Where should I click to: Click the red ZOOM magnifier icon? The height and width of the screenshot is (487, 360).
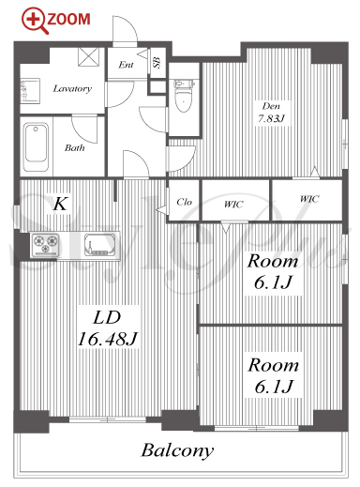35,20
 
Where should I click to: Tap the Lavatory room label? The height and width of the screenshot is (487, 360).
72,88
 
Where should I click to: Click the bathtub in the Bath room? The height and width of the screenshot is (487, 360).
37,146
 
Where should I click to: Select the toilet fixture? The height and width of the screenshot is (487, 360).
184,96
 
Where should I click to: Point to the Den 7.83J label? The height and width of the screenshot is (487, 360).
271,113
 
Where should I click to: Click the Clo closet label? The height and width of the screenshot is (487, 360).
184,202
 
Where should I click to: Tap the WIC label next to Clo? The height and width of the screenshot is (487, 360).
233,204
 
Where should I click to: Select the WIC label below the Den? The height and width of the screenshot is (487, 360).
309,199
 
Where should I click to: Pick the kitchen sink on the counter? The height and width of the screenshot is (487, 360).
99,245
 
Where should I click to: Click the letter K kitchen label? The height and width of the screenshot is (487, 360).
60,204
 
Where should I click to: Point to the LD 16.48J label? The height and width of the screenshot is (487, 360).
108,328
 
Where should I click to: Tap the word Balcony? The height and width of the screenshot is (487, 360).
177,451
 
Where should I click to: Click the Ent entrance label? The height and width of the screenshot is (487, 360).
126,65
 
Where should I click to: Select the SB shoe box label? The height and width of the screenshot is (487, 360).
157,63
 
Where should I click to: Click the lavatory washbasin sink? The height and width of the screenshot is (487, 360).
30,91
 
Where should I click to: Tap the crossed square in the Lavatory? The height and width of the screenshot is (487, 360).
88,56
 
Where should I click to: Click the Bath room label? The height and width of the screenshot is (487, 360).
75,147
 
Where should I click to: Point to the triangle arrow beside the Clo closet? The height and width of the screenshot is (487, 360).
161,209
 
